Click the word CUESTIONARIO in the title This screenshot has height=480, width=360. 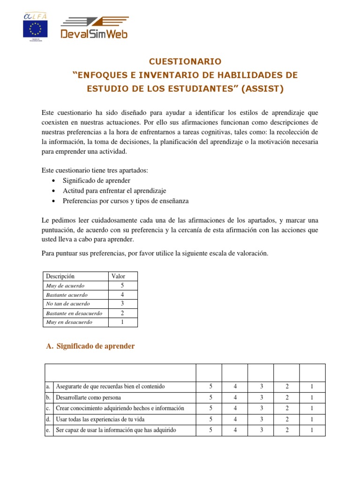tap(184, 61)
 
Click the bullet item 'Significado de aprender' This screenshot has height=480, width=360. tap(97, 180)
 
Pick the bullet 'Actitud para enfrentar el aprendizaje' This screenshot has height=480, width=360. tap(114, 191)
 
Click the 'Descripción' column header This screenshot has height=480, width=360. tap(60, 276)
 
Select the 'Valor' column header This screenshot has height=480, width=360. tap(118, 276)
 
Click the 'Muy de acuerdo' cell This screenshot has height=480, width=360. tap(65, 285)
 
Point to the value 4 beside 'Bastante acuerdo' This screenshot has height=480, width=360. tap(122, 295)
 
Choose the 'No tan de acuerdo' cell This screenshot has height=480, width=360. tap(68, 304)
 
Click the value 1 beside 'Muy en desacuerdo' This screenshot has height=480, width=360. tap(122, 322)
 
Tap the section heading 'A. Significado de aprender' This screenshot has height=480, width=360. tap(90, 346)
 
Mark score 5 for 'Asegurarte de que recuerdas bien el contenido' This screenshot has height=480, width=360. tap(211, 387)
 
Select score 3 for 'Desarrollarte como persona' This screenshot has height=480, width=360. tap(261, 397)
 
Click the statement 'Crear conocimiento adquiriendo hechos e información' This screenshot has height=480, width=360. tap(120, 408)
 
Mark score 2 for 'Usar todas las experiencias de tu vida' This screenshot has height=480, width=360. tap(286, 420)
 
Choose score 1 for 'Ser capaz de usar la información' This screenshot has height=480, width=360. tap(312, 430)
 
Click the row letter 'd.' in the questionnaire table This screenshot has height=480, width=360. tap(49, 420)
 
